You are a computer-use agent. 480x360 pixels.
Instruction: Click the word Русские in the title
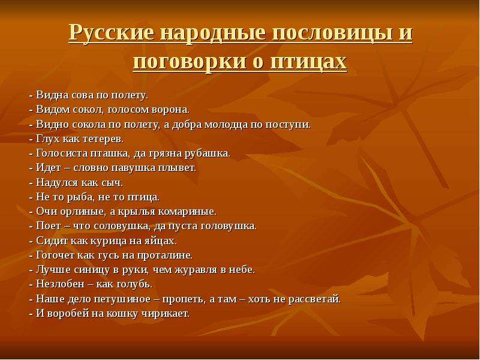[112, 33]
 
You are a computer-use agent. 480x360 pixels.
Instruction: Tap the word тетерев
[103, 139]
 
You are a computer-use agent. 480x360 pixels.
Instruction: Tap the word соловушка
[122, 226]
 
